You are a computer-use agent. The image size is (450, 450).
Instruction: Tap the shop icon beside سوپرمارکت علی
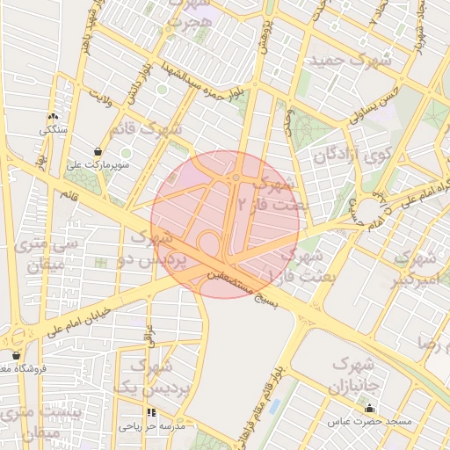[109, 151]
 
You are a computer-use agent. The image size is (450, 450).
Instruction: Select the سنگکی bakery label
[52, 130]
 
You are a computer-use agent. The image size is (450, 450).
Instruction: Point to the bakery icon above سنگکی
[53, 117]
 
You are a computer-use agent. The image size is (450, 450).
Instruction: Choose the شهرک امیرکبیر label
[414, 268]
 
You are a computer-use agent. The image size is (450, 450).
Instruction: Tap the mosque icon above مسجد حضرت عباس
[370, 408]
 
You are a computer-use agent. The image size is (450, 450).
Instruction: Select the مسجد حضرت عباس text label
[370, 422]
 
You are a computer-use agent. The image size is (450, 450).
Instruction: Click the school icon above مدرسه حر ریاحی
[152, 412]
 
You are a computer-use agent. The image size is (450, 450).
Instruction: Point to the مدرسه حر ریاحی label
[152, 426]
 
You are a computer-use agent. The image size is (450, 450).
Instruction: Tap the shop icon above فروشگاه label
[16, 355]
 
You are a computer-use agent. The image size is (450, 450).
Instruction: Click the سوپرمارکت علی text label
[98, 164]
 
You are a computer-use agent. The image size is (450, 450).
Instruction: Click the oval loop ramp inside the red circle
[209, 242]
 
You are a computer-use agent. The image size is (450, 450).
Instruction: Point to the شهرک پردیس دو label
[159, 249]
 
